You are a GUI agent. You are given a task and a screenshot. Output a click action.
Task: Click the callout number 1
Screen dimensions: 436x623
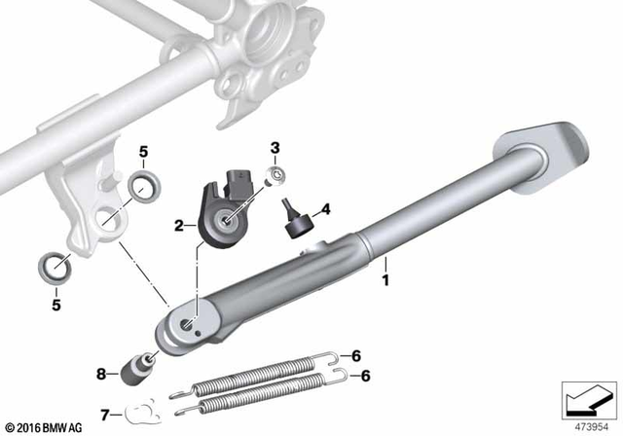[x=385, y=280]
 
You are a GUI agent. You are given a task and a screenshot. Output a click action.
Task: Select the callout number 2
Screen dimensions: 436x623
[x=179, y=227]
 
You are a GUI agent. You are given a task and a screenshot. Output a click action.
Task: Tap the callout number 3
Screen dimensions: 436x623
[x=275, y=148]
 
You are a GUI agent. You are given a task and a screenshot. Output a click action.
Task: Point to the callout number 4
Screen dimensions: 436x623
[x=326, y=208]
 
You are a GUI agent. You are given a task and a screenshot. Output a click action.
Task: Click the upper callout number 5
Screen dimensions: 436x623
[x=143, y=152]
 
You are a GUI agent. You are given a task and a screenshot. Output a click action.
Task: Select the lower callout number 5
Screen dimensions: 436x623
[x=56, y=305]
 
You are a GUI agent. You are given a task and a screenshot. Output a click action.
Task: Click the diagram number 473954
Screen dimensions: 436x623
[x=587, y=425]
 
